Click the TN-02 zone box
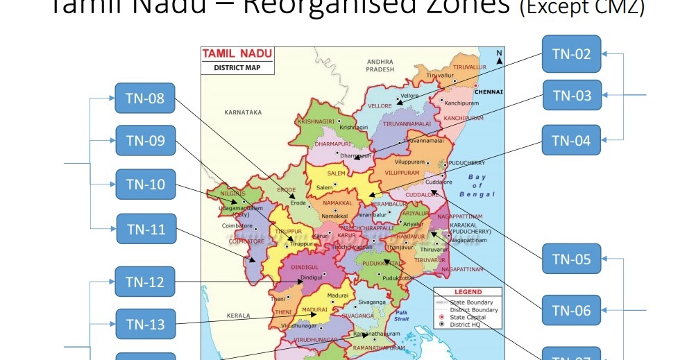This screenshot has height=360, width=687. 571,54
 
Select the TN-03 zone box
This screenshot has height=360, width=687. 571,96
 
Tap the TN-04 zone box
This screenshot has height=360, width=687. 571,140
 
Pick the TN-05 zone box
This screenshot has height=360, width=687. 571,259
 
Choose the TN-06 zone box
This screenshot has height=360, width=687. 571,310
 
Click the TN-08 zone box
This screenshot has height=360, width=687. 145,98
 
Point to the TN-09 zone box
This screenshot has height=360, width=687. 145,141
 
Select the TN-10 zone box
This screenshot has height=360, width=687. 145,185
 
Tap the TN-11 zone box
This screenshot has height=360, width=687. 145,228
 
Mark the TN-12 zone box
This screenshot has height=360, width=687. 145,282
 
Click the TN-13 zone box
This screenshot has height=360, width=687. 145,324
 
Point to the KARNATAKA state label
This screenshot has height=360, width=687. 243,112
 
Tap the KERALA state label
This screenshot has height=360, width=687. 238,316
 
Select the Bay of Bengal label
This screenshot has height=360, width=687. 477,186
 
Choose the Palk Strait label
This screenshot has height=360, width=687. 402,315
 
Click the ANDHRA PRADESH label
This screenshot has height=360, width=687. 380,65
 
